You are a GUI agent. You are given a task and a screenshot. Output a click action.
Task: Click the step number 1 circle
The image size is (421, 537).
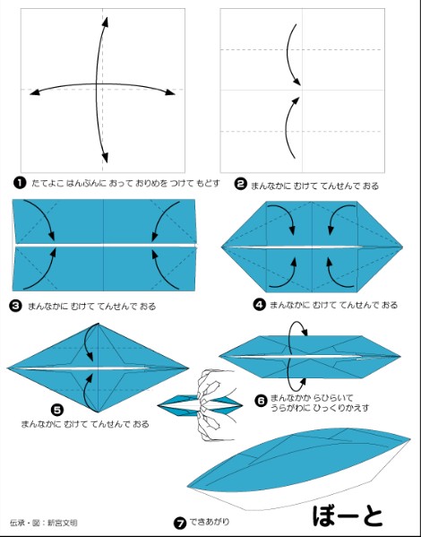[20, 183]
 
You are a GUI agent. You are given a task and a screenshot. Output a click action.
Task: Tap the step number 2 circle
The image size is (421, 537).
[240, 185]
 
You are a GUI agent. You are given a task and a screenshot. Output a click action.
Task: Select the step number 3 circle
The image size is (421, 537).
[16, 306]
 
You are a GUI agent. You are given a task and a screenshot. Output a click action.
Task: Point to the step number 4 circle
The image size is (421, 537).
[259, 304]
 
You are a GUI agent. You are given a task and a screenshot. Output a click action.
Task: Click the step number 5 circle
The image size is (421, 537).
[56, 410]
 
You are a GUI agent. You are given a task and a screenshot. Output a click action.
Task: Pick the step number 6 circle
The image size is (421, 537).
[262, 401]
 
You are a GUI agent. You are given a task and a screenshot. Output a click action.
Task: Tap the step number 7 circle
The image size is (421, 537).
[180, 523]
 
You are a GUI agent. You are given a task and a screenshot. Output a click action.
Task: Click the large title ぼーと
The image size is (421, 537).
[348, 515]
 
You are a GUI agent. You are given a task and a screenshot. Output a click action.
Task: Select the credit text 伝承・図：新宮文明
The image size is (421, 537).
[44, 523]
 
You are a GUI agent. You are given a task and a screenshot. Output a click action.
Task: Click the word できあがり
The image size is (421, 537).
[209, 522]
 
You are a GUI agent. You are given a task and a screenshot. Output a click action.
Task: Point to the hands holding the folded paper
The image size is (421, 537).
[214, 405]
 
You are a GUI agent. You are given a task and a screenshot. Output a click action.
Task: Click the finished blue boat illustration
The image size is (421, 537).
[298, 469]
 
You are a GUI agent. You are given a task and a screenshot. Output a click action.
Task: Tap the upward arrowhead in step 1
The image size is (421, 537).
[106, 22]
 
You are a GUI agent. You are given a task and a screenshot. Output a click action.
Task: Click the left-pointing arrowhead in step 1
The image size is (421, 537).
[35, 91]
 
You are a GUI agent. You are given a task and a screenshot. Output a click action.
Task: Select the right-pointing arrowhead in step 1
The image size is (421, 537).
[170, 91]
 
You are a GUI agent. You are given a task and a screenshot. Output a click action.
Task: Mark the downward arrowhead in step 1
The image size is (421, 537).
[105, 157]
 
